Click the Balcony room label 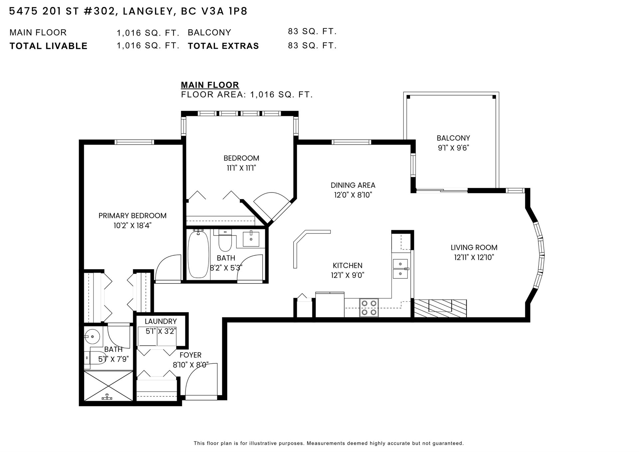tap(453, 138)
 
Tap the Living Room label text tap(474, 247)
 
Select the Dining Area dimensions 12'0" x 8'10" tap(353, 195)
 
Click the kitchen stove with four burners tap(369, 308)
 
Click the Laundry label tap(160, 321)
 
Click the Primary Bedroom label tap(132, 216)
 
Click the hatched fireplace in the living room tap(440, 308)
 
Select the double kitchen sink tap(401, 269)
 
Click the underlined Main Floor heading tap(210, 85)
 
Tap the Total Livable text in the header tap(49, 46)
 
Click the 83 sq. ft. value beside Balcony tap(312, 32)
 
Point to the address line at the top tap(128, 12)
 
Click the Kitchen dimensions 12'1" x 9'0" tap(347, 275)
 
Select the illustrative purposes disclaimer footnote tap(329, 443)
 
